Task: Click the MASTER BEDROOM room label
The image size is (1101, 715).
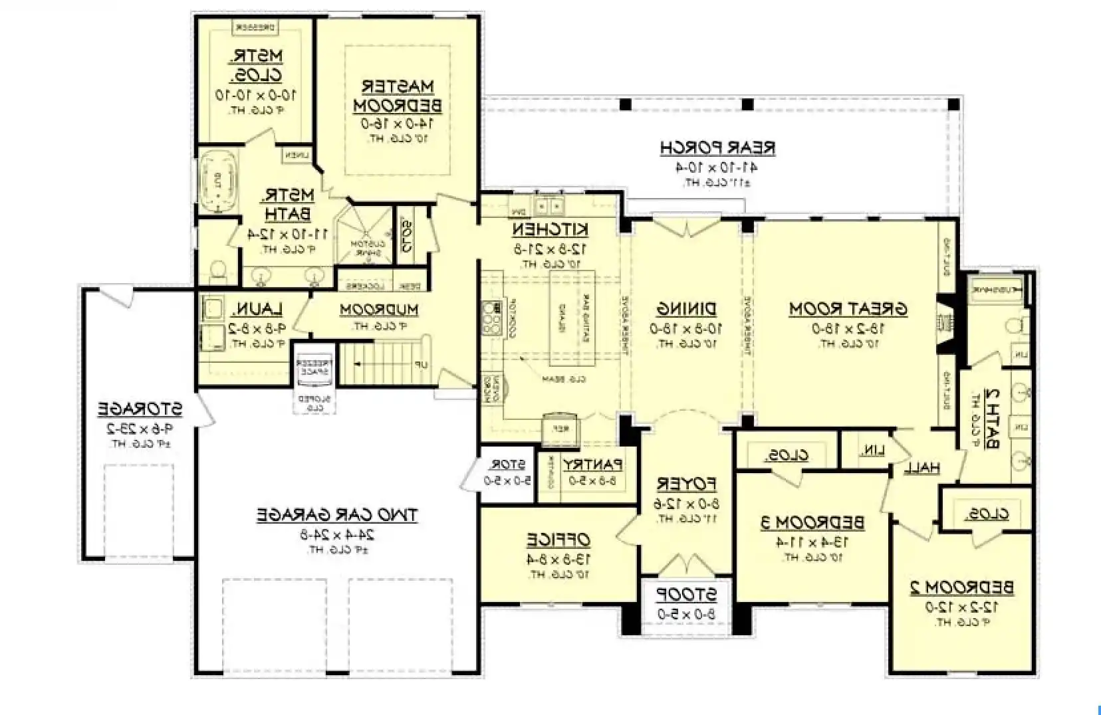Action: tap(398, 96)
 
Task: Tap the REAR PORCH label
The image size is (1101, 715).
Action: tap(717, 148)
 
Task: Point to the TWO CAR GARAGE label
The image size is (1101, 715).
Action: tap(337, 515)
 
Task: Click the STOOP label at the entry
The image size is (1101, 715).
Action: tap(687, 593)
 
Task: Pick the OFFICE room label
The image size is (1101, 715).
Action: tap(558, 539)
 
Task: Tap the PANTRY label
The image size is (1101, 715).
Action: tap(592, 464)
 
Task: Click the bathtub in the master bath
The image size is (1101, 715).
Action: tap(218, 181)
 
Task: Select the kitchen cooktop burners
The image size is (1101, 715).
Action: tap(493, 319)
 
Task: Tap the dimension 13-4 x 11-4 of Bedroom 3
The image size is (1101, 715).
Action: tap(812, 542)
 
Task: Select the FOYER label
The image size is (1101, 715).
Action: tap(686, 482)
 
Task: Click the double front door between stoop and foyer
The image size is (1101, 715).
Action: tap(686, 565)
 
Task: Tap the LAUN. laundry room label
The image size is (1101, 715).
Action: tap(257, 309)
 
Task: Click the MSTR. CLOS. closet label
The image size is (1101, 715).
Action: tap(256, 64)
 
